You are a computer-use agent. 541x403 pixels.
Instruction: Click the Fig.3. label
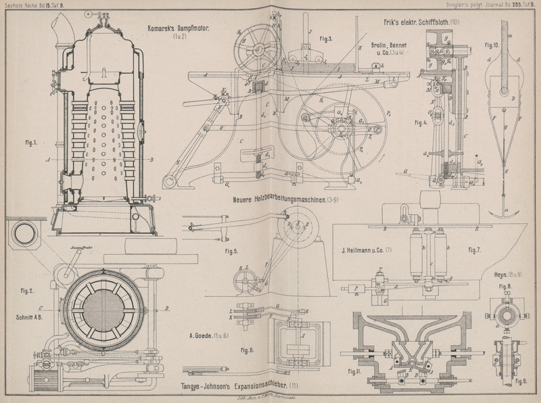[x=326, y=40]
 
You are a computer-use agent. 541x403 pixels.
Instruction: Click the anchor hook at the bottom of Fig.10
[x=504, y=214]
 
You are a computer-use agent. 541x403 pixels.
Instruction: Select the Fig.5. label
[x=231, y=253]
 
